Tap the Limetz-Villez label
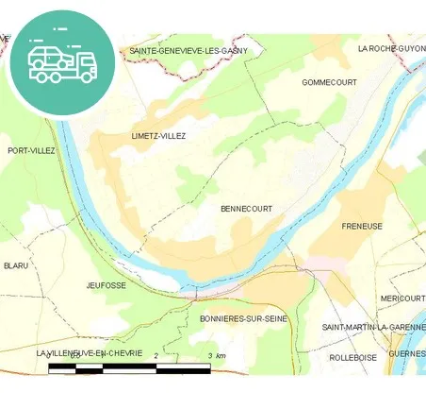(x=159, y=136)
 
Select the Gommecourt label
(x=329, y=82)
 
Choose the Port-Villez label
(x=30, y=150)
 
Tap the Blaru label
(x=16, y=265)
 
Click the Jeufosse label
(x=106, y=284)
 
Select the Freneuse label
(x=362, y=227)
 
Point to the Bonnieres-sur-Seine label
(x=243, y=319)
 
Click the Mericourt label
(x=402, y=298)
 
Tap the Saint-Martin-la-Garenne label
(x=373, y=327)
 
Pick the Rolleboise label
(x=352, y=358)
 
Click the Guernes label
(x=407, y=354)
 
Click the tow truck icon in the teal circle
(x=62, y=62)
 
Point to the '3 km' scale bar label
(x=216, y=355)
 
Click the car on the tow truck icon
(x=46, y=57)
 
